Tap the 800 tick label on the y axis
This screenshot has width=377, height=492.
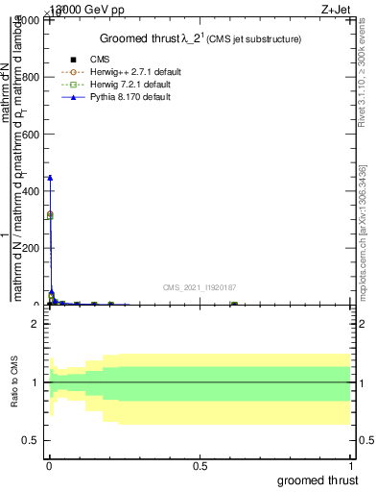pyautogui.click(x=31, y=78)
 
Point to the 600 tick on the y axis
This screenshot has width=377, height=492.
pyautogui.click(x=31, y=135)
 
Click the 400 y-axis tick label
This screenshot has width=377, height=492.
pyautogui.click(x=31, y=191)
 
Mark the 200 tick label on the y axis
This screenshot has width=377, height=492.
pyautogui.click(x=31, y=248)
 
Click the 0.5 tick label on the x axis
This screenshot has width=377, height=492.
pyautogui.click(x=200, y=466)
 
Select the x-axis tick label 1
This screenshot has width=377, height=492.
pyautogui.click(x=352, y=466)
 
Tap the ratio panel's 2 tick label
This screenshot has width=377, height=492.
pyautogui.click(x=35, y=325)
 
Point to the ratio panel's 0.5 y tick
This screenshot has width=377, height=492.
pyautogui.click(x=31, y=440)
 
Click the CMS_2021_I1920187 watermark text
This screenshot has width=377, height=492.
pyautogui.click(x=200, y=286)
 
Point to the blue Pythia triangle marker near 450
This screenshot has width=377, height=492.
pyautogui.click(x=50, y=178)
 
